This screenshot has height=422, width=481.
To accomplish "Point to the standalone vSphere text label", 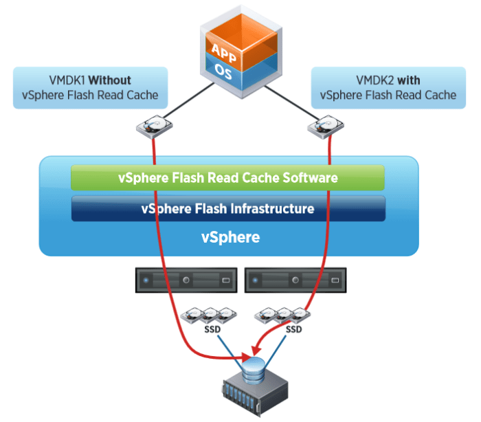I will [230, 237].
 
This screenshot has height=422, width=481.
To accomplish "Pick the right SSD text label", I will [294, 329].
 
